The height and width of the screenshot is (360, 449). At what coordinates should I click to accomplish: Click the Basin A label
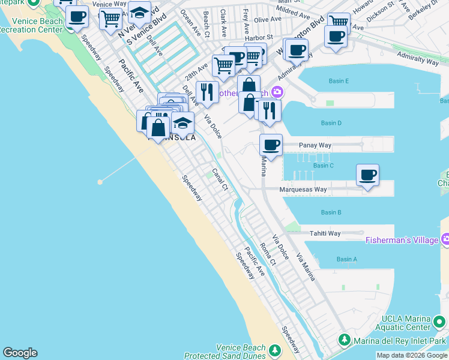[x=346, y=259]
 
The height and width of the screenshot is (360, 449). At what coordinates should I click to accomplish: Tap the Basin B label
[x=331, y=212]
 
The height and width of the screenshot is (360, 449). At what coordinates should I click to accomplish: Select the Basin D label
[x=331, y=123]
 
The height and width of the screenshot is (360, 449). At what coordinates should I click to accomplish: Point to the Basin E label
[x=339, y=81]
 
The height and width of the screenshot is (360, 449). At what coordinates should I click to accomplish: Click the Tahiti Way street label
[x=325, y=233]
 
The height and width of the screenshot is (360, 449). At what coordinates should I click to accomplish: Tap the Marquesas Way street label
[x=303, y=190]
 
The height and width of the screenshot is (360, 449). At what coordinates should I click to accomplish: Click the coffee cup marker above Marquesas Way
[x=367, y=175]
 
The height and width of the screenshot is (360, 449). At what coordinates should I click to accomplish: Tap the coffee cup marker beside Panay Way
[x=271, y=145]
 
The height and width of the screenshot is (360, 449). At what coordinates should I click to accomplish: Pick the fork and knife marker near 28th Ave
[x=206, y=92]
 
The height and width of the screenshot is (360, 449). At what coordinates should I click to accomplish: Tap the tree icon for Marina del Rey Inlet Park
[x=344, y=340]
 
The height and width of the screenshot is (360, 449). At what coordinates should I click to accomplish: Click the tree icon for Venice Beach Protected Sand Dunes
[x=275, y=349]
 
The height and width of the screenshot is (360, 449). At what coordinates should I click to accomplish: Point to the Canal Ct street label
[x=220, y=179]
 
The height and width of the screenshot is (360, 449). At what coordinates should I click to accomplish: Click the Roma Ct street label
[x=267, y=254]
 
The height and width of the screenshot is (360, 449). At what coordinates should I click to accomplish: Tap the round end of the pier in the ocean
[x=100, y=181]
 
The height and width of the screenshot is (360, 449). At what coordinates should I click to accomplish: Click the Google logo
[x=20, y=353]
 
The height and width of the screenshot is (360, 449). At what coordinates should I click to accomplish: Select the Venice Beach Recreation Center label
[x=34, y=26]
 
